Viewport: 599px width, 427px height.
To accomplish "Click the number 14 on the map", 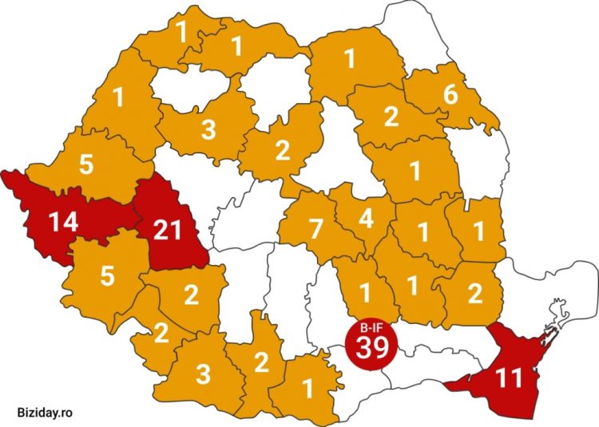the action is [x=62, y=221].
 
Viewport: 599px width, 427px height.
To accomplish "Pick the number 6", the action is [x=450, y=94].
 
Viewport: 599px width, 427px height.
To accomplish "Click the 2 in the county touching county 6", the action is [x=391, y=117].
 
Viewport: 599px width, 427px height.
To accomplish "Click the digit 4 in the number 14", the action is [x=72, y=221].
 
